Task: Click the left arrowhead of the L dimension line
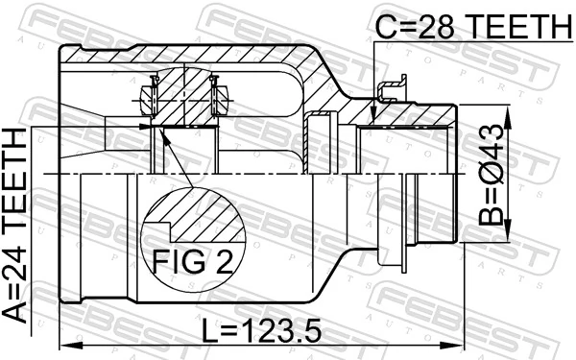tap(64, 344)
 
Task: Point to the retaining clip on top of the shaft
tap(390, 92)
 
